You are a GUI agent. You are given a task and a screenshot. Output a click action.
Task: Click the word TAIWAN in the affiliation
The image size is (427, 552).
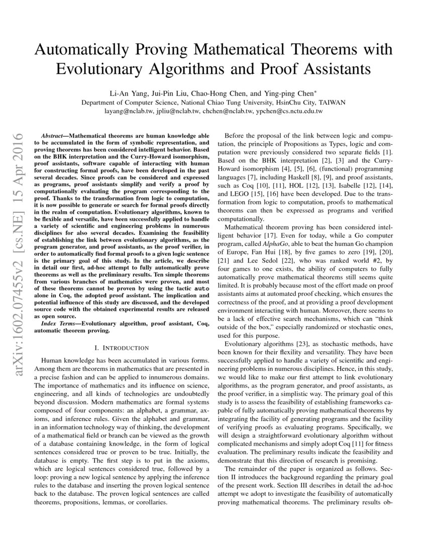point(332,102)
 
